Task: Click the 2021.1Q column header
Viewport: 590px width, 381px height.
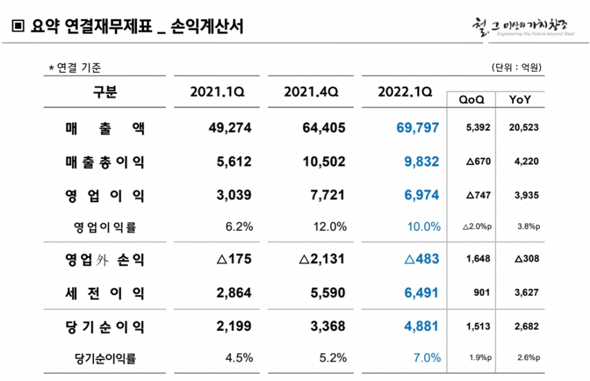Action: tap(218, 93)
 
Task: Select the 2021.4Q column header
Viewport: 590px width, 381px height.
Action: tap(312, 93)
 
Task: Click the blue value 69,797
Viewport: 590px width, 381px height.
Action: tap(417, 128)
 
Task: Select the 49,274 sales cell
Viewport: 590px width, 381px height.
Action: tap(230, 128)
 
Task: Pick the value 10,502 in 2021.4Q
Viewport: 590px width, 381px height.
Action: tap(324, 162)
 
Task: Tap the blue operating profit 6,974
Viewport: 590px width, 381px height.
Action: tap(421, 195)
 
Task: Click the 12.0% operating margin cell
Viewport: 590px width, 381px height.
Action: tap(331, 227)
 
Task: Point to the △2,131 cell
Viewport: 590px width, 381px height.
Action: tap(322, 259)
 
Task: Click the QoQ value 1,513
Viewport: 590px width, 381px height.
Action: tap(479, 327)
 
